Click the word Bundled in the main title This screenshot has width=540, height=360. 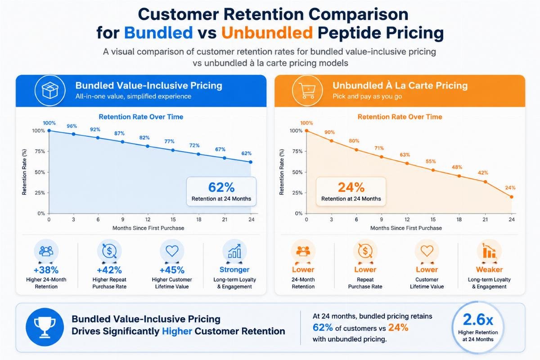pos(158,32)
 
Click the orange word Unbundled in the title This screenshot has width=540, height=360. pos(267,32)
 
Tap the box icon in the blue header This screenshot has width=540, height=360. pos(50,90)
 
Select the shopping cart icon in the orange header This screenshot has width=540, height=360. pos(307,90)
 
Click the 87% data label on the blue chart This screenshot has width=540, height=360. pos(119,133)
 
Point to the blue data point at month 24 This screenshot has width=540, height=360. pos(251,162)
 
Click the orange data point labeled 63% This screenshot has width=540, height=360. pos(407,163)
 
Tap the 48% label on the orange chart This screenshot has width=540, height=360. pos(457,167)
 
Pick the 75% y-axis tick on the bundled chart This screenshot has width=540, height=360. pos(40,152)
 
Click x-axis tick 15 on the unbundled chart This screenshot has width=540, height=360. pos(433,220)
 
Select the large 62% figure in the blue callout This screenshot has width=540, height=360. pos(221,188)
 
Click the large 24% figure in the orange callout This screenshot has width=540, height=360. pos(351,188)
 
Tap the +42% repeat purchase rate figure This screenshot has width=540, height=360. pos(109,270)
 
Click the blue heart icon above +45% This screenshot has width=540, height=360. pos(172,251)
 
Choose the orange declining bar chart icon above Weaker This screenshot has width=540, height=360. pos(489,251)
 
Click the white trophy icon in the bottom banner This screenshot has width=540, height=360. pos(45,327)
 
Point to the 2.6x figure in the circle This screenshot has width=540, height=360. pos(478,320)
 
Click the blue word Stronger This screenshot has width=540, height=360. pos(234,270)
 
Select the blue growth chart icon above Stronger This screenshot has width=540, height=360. pos(234,251)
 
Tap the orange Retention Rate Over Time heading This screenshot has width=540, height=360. pos(400,117)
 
